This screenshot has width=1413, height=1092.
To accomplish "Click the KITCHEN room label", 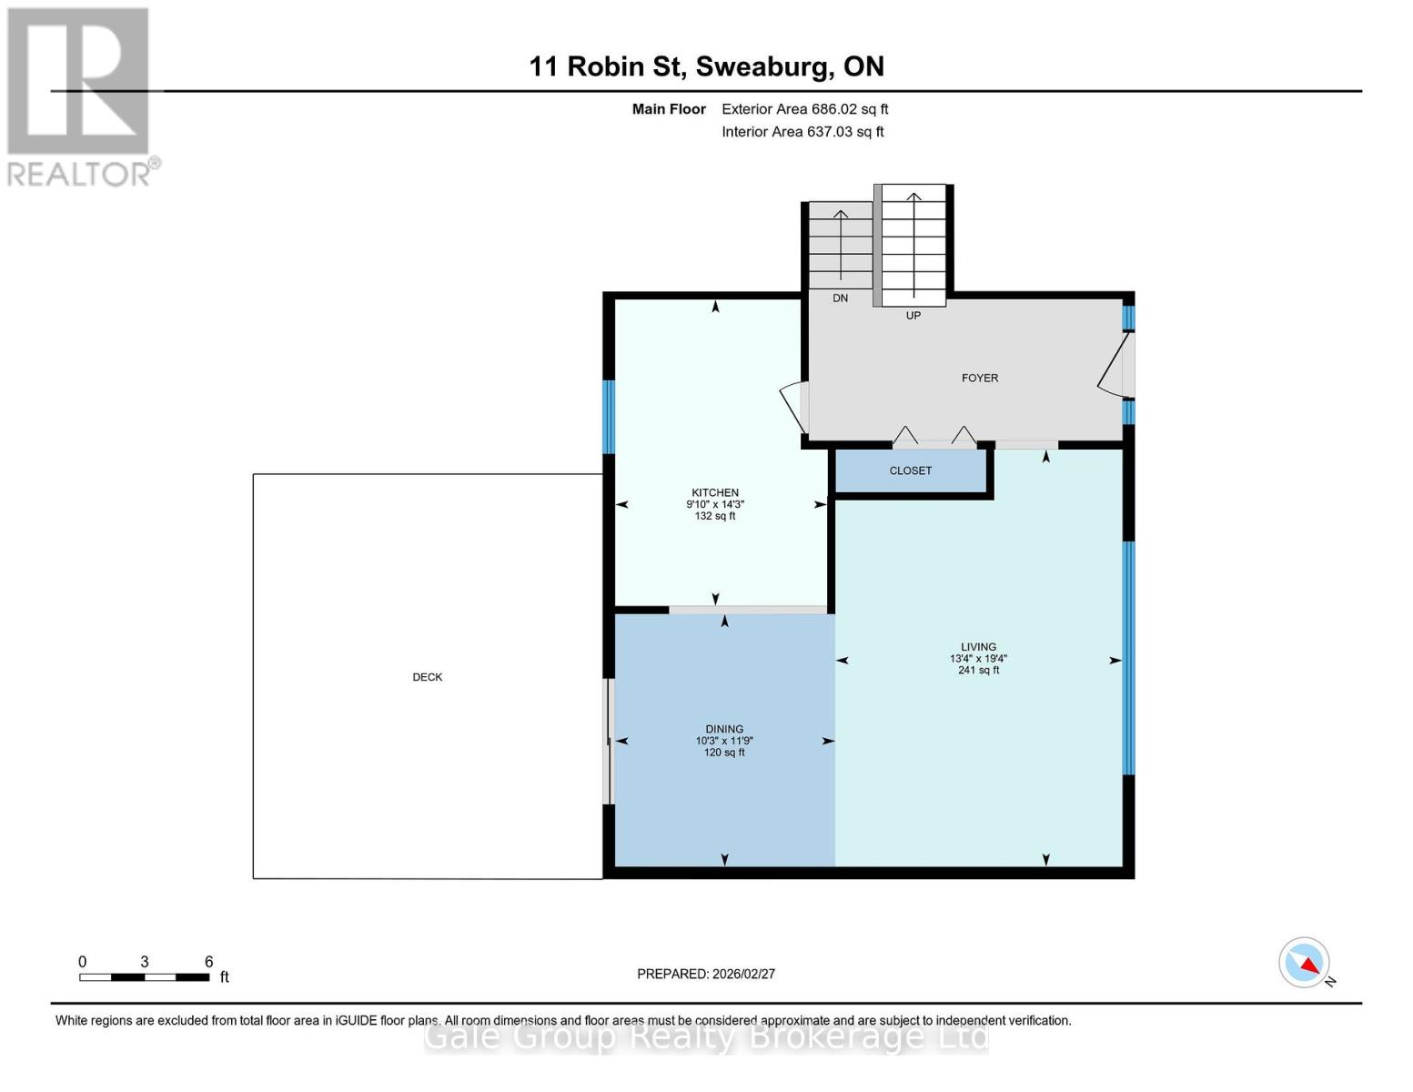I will pyautogui.click(x=715, y=492).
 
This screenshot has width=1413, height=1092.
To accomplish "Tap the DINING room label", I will pyautogui.click(x=724, y=729).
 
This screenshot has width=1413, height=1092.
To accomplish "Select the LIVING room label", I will pyautogui.click(x=979, y=647).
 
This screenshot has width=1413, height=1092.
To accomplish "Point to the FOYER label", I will pyautogui.click(x=980, y=378).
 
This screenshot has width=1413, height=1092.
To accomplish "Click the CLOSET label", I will pyautogui.click(x=911, y=470).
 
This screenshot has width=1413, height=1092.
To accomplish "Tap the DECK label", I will pyautogui.click(x=428, y=677).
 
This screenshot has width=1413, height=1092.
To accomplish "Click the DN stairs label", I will pyautogui.click(x=840, y=298).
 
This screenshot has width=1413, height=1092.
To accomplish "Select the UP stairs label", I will pyautogui.click(x=913, y=316).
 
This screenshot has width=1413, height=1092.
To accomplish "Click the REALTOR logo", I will pyautogui.click(x=80, y=96).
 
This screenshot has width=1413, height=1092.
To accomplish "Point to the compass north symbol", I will pyautogui.click(x=1306, y=963).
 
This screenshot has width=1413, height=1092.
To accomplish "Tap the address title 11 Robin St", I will pyautogui.click(x=706, y=66).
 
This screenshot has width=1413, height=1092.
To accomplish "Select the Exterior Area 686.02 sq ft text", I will pyautogui.click(x=804, y=109).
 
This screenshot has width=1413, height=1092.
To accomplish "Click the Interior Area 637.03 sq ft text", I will pyautogui.click(x=802, y=132).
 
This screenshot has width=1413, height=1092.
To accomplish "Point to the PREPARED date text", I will pyautogui.click(x=706, y=974).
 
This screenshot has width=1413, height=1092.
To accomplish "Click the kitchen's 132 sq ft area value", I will pyautogui.click(x=715, y=516).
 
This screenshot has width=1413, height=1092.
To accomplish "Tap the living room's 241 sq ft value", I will pyautogui.click(x=979, y=671).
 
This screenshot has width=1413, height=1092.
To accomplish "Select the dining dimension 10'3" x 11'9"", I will pyautogui.click(x=724, y=741).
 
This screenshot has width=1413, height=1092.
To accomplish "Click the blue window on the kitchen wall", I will pyautogui.click(x=609, y=417).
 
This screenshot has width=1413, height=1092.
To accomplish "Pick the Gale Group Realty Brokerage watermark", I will pyautogui.click(x=706, y=1036).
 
